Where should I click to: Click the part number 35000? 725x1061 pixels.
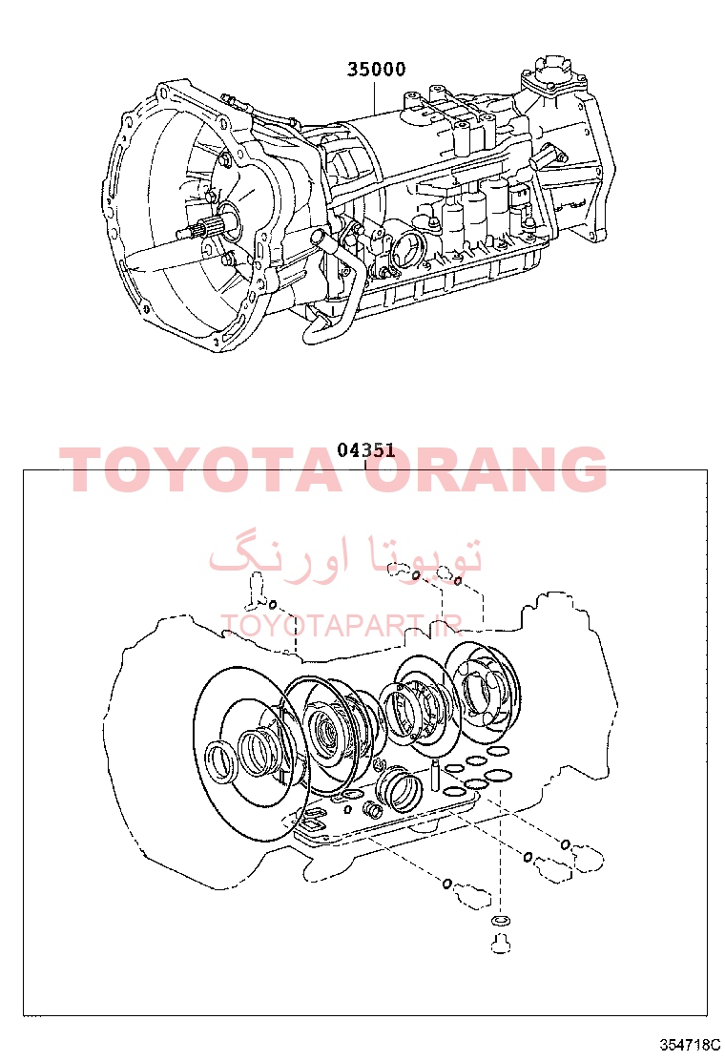point(376,69)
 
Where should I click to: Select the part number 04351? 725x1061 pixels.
point(366,450)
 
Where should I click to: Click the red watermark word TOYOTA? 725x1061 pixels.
point(197,468)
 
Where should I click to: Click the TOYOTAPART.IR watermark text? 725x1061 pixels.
point(342,626)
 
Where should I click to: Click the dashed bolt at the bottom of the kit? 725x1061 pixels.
point(499,944)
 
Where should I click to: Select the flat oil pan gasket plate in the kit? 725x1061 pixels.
point(385,816)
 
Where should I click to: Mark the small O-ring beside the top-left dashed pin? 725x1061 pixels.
point(273,604)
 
